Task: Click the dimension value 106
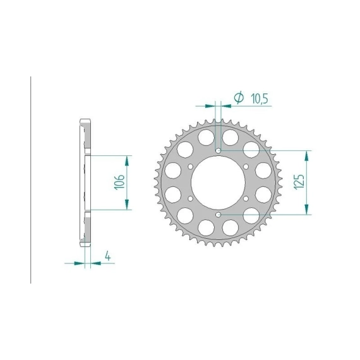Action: [x=119, y=182]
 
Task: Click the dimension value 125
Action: [x=299, y=182]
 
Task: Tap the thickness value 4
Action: [x=107, y=256]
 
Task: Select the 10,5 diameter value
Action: [x=260, y=99]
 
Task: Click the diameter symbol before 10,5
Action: [x=239, y=97]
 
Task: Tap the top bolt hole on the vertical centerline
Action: [x=219, y=150]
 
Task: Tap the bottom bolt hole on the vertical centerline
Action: [x=219, y=215]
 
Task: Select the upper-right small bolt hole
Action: [x=246, y=167]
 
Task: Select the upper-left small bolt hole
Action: [x=190, y=167]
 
